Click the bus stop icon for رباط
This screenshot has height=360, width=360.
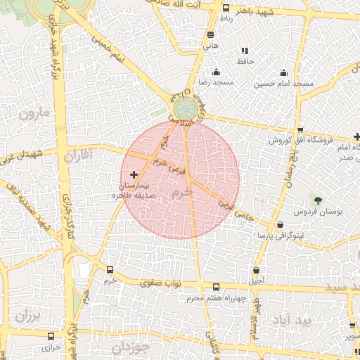coord(226,8)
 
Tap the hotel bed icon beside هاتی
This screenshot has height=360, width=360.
coord(211,34)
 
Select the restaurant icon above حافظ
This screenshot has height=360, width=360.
coord(245,51)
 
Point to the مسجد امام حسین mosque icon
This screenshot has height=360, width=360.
coord(283,72)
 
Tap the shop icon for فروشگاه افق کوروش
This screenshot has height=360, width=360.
coord(300,130)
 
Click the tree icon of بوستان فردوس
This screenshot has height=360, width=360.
coord(316,201)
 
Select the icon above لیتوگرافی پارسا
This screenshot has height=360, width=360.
coord(281,225)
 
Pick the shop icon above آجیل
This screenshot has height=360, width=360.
coord(256,271)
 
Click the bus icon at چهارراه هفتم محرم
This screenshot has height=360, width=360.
coord(216,287)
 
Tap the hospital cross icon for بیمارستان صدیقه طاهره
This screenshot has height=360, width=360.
coord(134,174)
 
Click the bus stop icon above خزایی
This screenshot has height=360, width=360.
coord(51,336)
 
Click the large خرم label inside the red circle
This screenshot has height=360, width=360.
coord(181,191)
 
